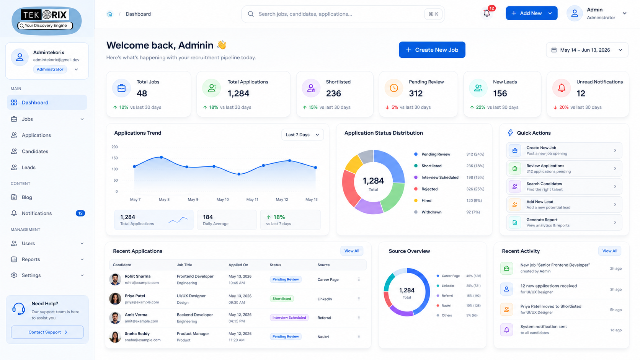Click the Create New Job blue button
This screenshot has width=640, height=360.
click(x=432, y=50)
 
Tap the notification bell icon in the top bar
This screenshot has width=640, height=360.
click(x=487, y=13)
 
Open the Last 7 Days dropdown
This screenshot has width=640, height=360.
click(x=302, y=135)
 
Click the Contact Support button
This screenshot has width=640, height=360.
click(x=47, y=332)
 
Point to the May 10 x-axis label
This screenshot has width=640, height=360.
click(x=222, y=200)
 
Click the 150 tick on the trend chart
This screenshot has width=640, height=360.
click(x=114, y=158)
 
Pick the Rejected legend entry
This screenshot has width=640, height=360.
click(x=429, y=189)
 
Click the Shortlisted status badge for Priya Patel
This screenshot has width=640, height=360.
click(x=282, y=299)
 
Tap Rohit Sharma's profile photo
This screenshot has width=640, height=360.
click(x=115, y=279)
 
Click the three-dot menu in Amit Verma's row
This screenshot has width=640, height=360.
click(x=359, y=318)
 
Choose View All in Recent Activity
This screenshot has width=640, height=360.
click(x=610, y=251)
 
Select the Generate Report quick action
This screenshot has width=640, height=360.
click(x=564, y=222)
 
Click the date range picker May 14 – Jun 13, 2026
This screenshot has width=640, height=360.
click(x=587, y=50)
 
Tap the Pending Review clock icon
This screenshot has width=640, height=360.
click(x=394, y=88)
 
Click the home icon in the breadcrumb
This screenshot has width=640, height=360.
click(x=110, y=14)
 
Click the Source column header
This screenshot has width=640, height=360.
click(x=323, y=265)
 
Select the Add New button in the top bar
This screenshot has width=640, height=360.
click(x=531, y=13)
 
